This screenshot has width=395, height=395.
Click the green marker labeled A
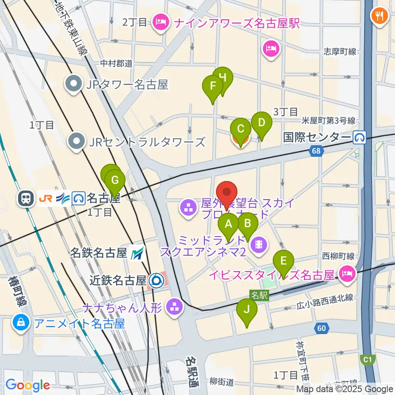pyautogui.click(x=228, y=225)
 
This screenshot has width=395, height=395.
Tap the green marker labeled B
pyautogui.click(x=248, y=224)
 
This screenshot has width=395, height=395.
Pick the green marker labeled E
pyautogui.click(x=283, y=262)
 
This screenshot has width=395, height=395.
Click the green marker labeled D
pyautogui.click(x=261, y=123)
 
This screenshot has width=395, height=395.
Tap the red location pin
pyautogui.click(x=227, y=193)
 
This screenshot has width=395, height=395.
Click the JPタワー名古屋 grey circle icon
pyautogui.click(x=74, y=85)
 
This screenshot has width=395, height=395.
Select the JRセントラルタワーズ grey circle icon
pyautogui.click(x=77, y=142)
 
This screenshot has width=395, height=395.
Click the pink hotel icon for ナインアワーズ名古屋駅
pyautogui.click(x=159, y=22)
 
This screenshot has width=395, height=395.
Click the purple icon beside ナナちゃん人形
pyautogui.click(x=174, y=307)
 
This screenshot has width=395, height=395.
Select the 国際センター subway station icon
pyautogui.click(x=360, y=137)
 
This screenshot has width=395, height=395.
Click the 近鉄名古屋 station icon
pyautogui.click(x=157, y=281)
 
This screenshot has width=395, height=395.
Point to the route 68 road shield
pyautogui.click(x=316, y=151)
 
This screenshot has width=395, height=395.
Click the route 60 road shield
pyautogui.click(x=322, y=328)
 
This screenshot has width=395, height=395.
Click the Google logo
pyautogui.click(x=28, y=386)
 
